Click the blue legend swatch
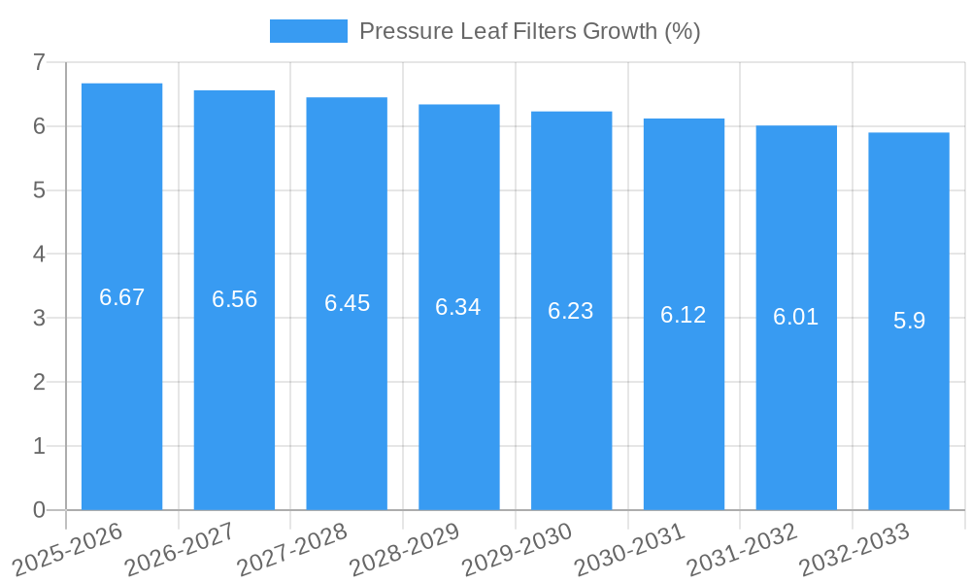point(308,31)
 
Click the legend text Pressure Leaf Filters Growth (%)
point(529,31)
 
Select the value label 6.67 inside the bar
point(121,297)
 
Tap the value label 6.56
point(234,299)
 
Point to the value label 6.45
point(347,303)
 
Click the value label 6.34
point(458,307)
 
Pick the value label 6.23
point(571,311)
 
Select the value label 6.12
point(684,315)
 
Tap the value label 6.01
point(796,318)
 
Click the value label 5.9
point(909,321)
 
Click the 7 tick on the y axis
point(39,62)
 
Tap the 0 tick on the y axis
point(39,510)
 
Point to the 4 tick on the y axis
point(39,255)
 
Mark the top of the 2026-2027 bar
point(234,91)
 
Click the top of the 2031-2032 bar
point(796,126)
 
